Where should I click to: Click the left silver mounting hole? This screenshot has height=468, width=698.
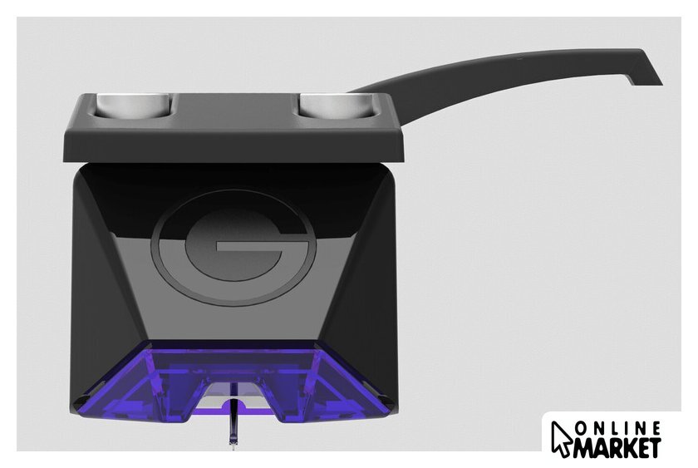[135, 106]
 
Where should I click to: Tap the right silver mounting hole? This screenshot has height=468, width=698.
[337, 106]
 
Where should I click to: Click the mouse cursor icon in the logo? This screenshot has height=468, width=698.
[561, 439]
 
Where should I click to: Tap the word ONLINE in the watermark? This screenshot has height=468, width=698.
[617, 428]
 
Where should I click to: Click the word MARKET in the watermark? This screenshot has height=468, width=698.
[617, 447]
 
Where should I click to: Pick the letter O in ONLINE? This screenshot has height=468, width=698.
[582, 429]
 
